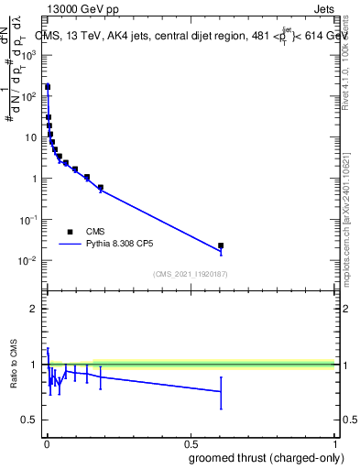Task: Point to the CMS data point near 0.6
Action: (x=221, y=245)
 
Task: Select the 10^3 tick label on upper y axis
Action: (x=28, y=55)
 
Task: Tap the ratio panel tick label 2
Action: (x=33, y=309)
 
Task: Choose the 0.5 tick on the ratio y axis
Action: (x=29, y=420)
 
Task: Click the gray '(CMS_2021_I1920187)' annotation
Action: (x=190, y=272)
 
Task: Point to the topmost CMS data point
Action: (x=48, y=87)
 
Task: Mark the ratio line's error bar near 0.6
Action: (x=221, y=391)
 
